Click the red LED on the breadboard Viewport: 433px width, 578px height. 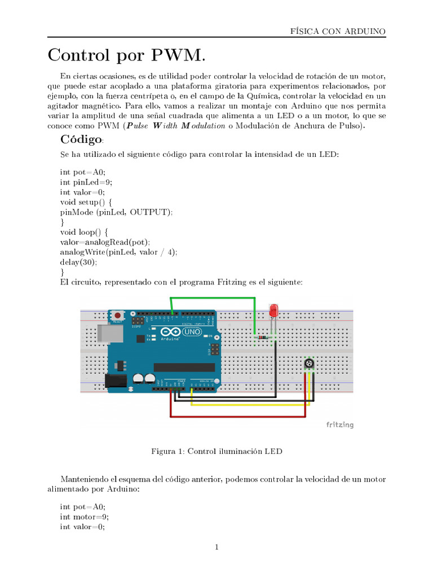pyautogui.click(x=274, y=311)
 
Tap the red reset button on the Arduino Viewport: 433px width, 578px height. pyautogui.click(x=117, y=315)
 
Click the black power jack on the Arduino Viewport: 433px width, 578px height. pyautogui.click(x=116, y=381)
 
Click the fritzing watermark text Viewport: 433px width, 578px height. pyautogui.click(x=340, y=424)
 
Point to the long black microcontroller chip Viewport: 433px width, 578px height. pyautogui.click(x=184, y=367)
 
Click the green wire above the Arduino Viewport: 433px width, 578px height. pyautogui.click(x=214, y=299)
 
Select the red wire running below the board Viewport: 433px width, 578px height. pyautogui.click(x=237, y=417)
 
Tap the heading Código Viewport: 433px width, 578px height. pyautogui.click(x=81, y=139)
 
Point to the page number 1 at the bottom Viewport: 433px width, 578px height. pyautogui.click(x=216, y=547)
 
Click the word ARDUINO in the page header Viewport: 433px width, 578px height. pyautogui.click(x=364, y=32)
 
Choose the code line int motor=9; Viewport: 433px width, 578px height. pyautogui.click(x=84, y=516)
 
